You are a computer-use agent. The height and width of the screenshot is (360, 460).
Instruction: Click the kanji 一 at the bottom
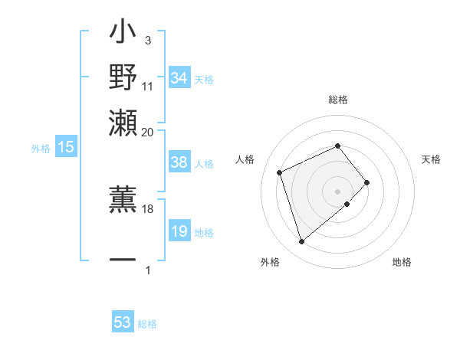point(123,260)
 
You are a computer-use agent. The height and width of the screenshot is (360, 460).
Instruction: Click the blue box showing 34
point(179,78)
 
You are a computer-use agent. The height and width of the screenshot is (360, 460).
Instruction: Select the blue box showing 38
point(179,162)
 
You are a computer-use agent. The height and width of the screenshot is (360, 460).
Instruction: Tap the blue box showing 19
point(179,231)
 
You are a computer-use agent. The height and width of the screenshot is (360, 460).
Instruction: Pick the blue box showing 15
point(66,147)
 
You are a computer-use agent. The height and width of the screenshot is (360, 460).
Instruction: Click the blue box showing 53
point(123,322)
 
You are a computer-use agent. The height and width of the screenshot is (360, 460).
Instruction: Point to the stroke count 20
point(148,132)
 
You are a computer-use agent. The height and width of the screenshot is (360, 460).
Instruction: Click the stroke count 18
point(148,208)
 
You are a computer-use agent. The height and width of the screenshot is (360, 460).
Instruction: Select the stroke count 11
point(148,86)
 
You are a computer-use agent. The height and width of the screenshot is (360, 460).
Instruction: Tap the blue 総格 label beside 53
point(148,324)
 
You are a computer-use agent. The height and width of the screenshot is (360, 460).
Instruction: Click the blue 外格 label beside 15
point(41,149)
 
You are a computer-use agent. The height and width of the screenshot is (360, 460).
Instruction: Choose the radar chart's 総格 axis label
point(337,100)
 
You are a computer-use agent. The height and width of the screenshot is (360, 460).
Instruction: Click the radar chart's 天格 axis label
point(431,159)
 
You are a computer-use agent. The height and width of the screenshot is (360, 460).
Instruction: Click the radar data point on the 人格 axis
point(280,172)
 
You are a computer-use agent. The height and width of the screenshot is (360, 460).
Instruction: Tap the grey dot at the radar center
point(337,190)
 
